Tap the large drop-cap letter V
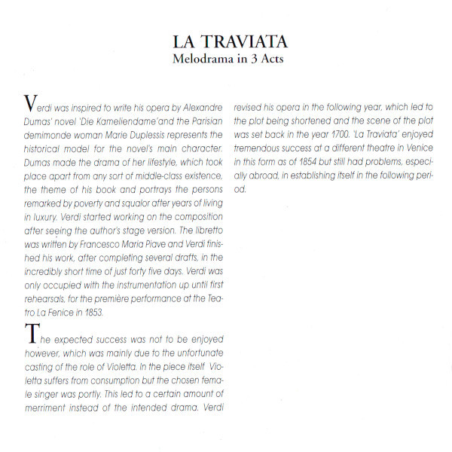(29, 102)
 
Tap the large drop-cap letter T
(29, 333)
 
